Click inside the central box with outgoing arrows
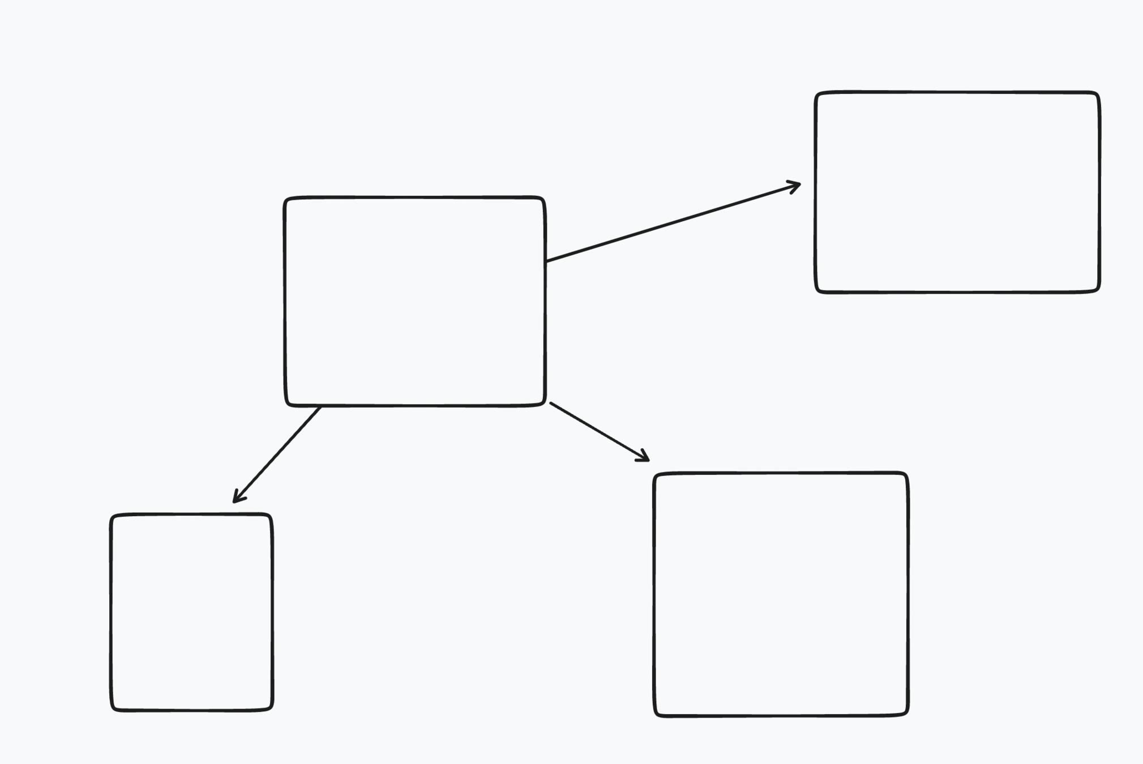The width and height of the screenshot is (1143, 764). pos(414,301)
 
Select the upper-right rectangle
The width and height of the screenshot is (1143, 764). pos(957,192)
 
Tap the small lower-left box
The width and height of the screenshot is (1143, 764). pos(191,612)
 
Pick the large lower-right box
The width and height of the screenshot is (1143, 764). pos(781,594)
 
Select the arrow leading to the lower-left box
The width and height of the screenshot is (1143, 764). pos(277,454)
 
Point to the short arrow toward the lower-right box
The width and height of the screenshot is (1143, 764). pos(599,431)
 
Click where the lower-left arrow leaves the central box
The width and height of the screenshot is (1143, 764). pos(320,407)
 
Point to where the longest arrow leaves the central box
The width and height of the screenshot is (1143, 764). pos(546,261)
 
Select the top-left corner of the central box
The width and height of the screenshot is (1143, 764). pos(286,199)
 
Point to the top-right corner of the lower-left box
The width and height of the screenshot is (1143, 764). pos(271,516)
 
